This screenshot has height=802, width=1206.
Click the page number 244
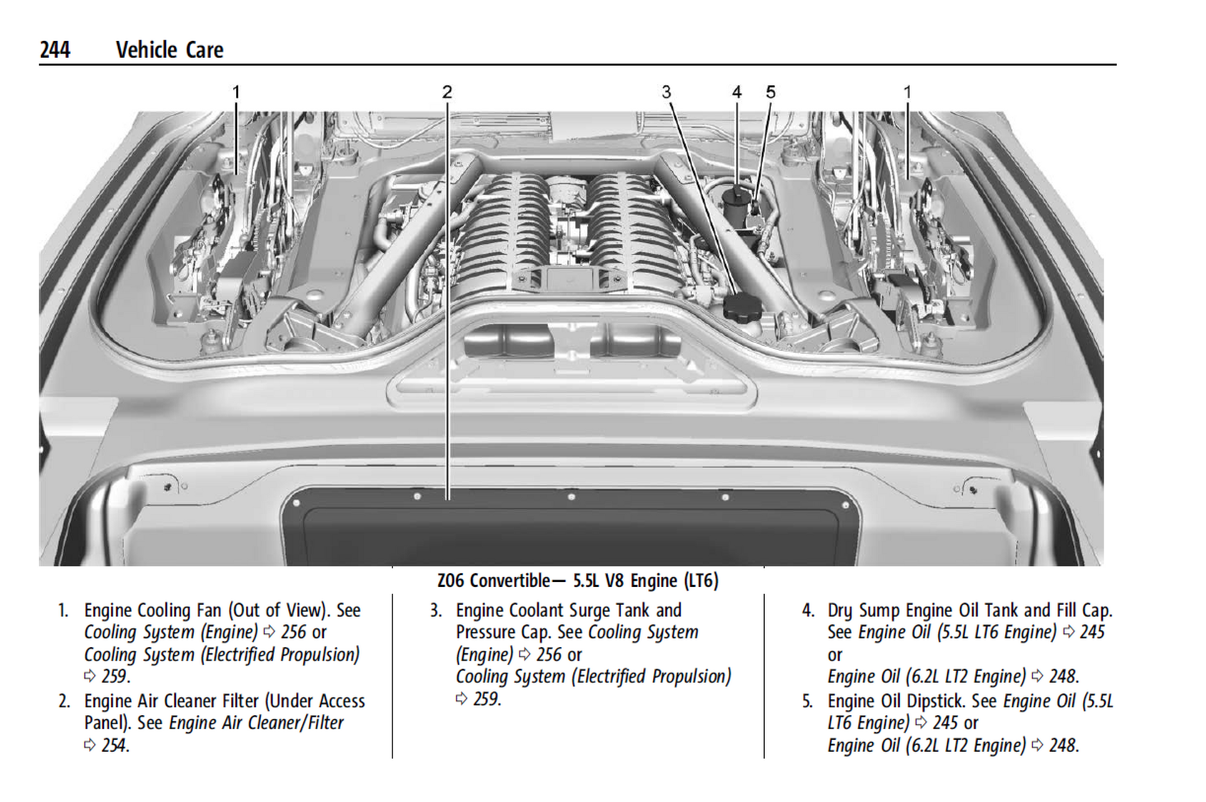[55, 50]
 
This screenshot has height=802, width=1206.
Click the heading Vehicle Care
[169, 50]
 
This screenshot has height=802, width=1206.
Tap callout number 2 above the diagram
[447, 92]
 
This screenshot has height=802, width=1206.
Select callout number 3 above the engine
[666, 92]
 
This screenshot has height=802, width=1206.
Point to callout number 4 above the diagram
[736, 92]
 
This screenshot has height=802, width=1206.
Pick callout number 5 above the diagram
[770, 92]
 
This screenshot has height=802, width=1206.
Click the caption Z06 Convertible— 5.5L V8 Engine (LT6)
[578, 581]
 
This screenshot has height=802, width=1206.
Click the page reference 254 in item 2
[115, 745]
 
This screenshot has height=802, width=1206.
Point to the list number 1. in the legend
[63, 610]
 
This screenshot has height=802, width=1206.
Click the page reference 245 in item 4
[1092, 632]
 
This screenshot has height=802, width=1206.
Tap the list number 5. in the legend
[807, 701]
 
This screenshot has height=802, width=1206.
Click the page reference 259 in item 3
[486, 699]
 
